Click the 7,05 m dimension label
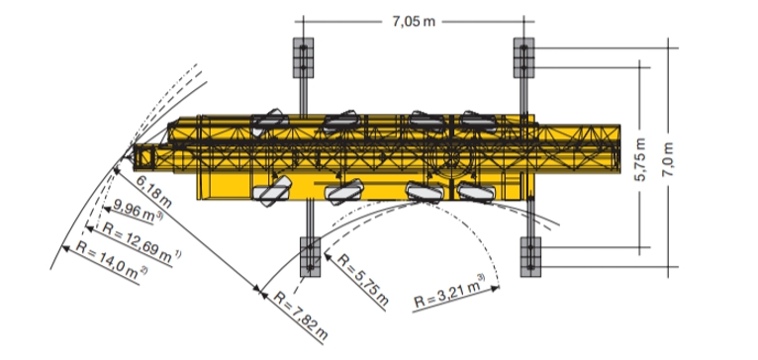414,22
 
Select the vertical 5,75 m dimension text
640,160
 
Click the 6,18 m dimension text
153,191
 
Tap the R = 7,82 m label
300,315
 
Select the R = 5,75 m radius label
362,280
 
